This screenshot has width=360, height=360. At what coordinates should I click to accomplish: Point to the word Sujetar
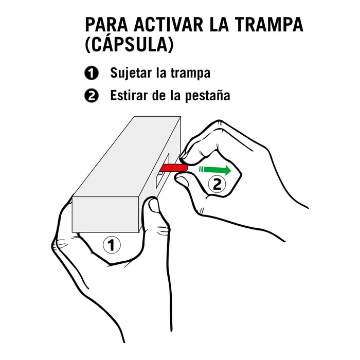[131, 74]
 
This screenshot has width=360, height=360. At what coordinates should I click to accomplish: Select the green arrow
[214, 169]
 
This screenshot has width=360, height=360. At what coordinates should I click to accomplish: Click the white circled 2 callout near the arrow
[217, 184]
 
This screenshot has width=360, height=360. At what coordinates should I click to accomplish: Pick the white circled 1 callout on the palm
[112, 245]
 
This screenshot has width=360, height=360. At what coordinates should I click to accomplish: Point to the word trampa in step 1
[192, 74]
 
